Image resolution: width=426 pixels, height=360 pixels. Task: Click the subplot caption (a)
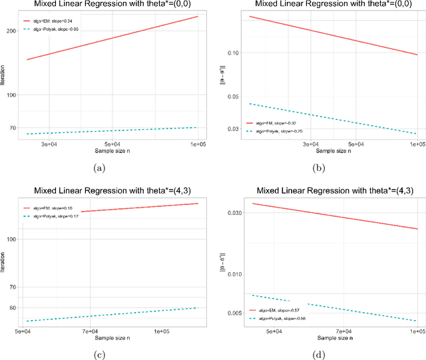[100, 168]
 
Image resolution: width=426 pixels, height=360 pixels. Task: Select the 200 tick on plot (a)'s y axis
[11, 31]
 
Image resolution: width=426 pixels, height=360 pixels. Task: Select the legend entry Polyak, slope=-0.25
[278, 131]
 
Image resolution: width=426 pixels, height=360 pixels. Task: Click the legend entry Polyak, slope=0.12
[56, 216]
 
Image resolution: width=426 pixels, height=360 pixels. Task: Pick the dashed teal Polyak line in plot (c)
[113, 314]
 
